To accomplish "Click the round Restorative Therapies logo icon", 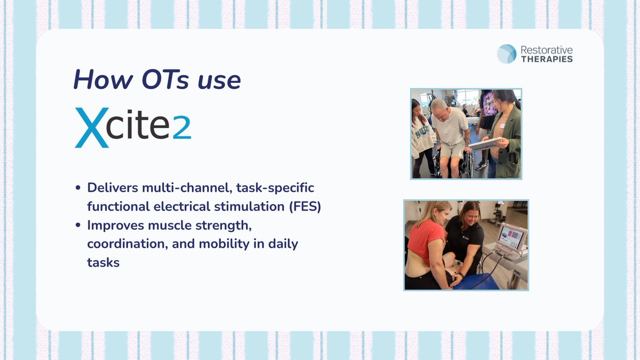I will pyautogui.click(x=507, y=54).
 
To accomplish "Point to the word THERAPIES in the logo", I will pyautogui.click(x=547, y=59).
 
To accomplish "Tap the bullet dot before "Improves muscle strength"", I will pyautogui.click(x=78, y=225).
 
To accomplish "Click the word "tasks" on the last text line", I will pyautogui.click(x=103, y=262).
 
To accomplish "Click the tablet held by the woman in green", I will pyautogui.click(x=485, y=144).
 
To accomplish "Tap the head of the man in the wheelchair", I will pyautogui.click(x=440, y=106).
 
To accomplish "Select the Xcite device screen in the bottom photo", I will pyautogui.click(x=511, y=236).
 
